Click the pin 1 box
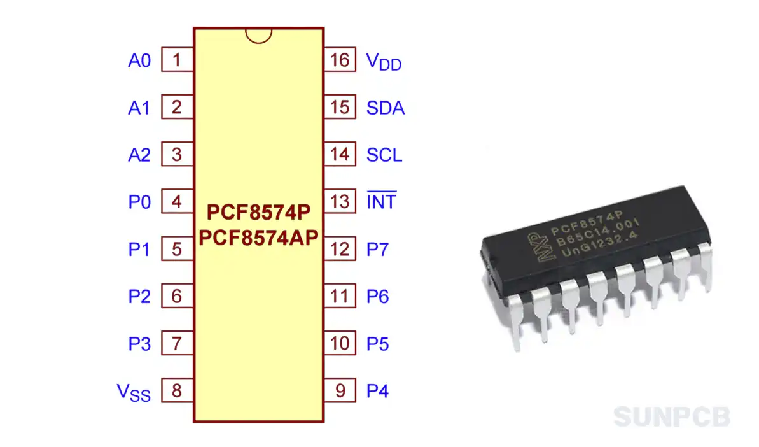coord(177,60)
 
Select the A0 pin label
coord(139,61)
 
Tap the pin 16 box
coord(340,60)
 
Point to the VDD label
coord(384,62)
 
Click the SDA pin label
coord(386,108)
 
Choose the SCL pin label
coord(384,155)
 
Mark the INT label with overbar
coord(381,202)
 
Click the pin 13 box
coord(340,202)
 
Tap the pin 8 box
coord(177,390)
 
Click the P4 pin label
coord(377,391)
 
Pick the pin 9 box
coord(340,390)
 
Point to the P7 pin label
coord(377,250)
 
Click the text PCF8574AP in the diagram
coord(258,238)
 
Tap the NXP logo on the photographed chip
coord(536,246)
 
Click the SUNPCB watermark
coord(672,417)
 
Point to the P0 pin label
coord(139,202)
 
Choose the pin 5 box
coord(177,249)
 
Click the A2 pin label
coord(139,155)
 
